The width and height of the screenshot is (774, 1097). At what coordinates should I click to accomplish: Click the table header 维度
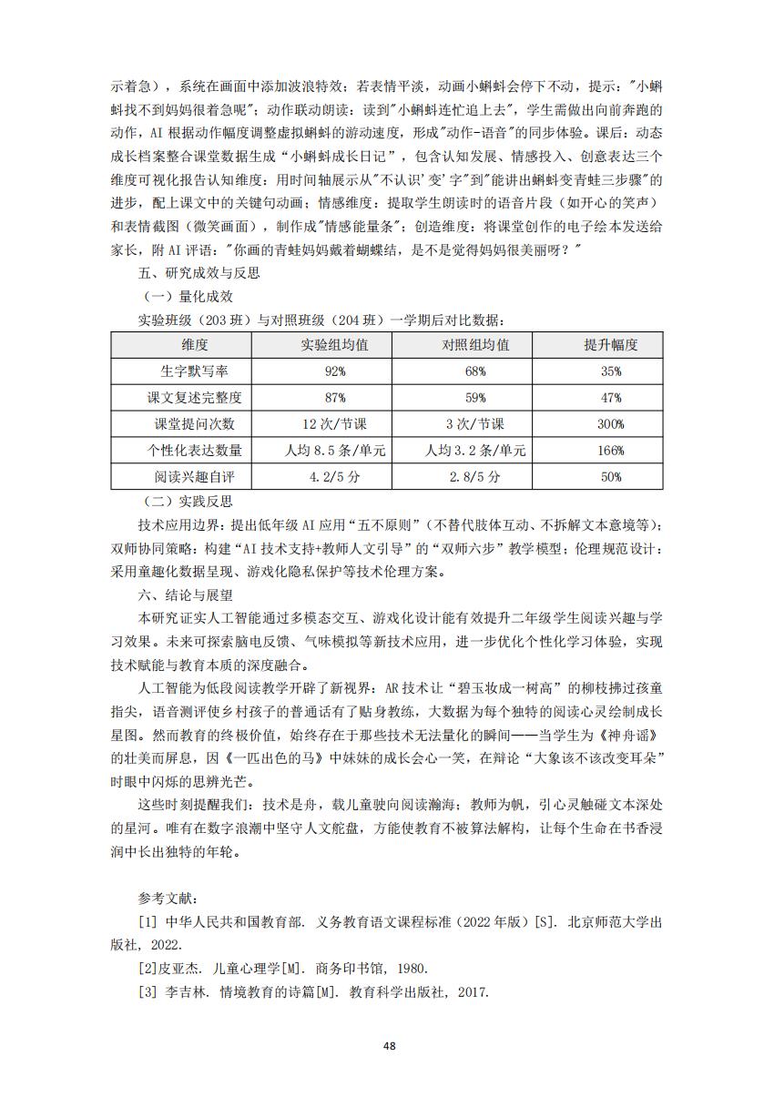[195, 345]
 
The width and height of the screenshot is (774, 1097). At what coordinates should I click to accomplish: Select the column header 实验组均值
[334, 345]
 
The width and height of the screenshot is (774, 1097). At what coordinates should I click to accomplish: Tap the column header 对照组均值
[475, 345]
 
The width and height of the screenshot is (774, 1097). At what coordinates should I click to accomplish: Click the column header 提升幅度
[610, 345]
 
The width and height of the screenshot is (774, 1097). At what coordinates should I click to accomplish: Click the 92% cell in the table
[334, 371]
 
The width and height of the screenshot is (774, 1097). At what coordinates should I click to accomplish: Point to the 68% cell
[475, 371]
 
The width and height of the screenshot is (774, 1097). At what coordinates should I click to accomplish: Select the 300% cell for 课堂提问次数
[610, 424]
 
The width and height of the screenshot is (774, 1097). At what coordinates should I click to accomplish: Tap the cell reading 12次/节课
[334, 424]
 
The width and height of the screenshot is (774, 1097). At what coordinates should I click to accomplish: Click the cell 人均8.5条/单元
[334, 451]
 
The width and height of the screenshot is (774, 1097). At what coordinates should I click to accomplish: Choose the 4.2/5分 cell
[334, 477]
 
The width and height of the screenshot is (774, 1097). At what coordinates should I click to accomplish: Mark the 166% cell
[610, 451]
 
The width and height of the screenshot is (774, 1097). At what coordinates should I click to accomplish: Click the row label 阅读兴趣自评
[195, 477]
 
